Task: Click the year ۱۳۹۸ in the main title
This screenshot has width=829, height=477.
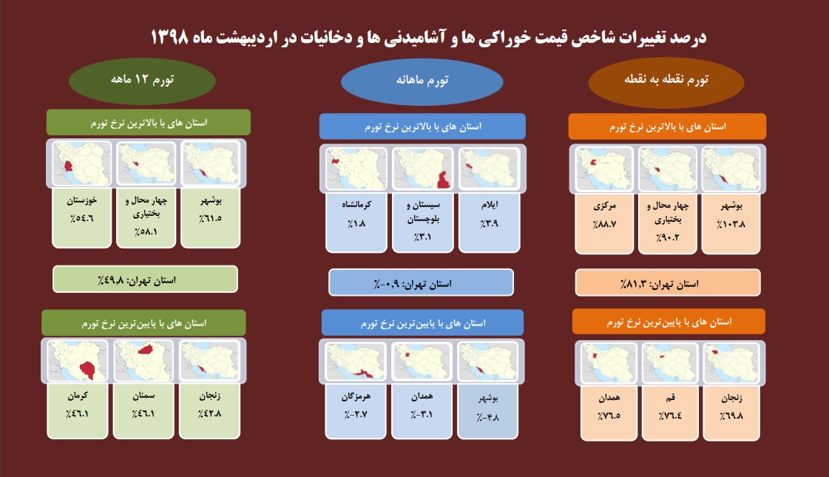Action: click(169, 37)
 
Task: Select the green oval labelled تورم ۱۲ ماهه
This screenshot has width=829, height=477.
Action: click(142, 81)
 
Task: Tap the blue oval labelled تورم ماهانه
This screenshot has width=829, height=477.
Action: click(422, 81)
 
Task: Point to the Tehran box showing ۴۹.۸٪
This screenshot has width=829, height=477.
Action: click(146, 280)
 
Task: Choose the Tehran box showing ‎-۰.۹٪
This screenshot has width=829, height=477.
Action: click(421, 283)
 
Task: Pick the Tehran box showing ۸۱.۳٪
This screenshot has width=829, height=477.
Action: click(668, 283)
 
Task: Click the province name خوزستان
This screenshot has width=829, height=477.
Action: click(82, 200)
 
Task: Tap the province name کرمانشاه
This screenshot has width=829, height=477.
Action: click(356, 205)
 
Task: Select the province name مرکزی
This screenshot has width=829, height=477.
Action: click(604, 206)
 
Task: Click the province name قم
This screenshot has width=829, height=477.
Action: click(670, 397)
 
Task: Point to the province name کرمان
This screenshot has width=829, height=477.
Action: click(78, 396)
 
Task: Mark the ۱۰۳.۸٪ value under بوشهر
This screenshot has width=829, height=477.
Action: click(731, 223)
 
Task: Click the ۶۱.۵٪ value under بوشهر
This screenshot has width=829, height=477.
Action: click(211, 218)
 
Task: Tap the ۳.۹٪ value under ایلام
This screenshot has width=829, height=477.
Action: click(490, 223)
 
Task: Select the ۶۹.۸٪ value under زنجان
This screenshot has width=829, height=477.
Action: click(731, 416)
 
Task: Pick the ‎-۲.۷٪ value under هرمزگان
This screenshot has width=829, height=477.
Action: click(356, 414)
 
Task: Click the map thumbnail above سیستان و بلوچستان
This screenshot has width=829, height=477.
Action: click(423, 169)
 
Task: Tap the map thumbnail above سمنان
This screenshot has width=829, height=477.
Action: click(143, 360)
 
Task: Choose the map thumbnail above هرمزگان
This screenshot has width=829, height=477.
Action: click(356, 362)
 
